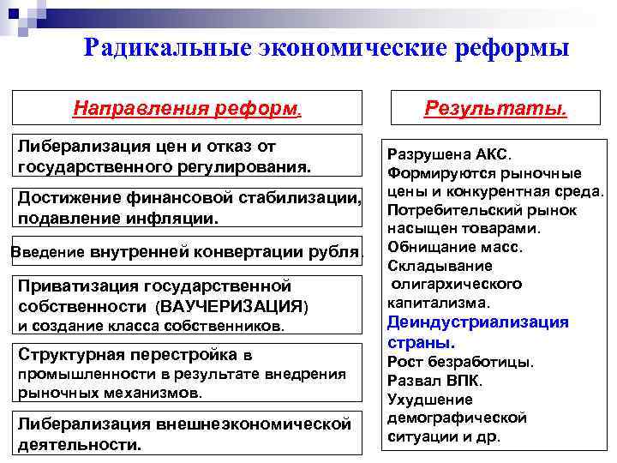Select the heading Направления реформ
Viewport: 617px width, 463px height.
[x=187, y=109]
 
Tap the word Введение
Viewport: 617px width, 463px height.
[x=47, y=253]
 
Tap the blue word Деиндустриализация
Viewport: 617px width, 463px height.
[x=477, y=322]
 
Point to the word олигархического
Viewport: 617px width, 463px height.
[x=457, y=284]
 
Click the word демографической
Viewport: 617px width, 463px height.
[x=457, y=418]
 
